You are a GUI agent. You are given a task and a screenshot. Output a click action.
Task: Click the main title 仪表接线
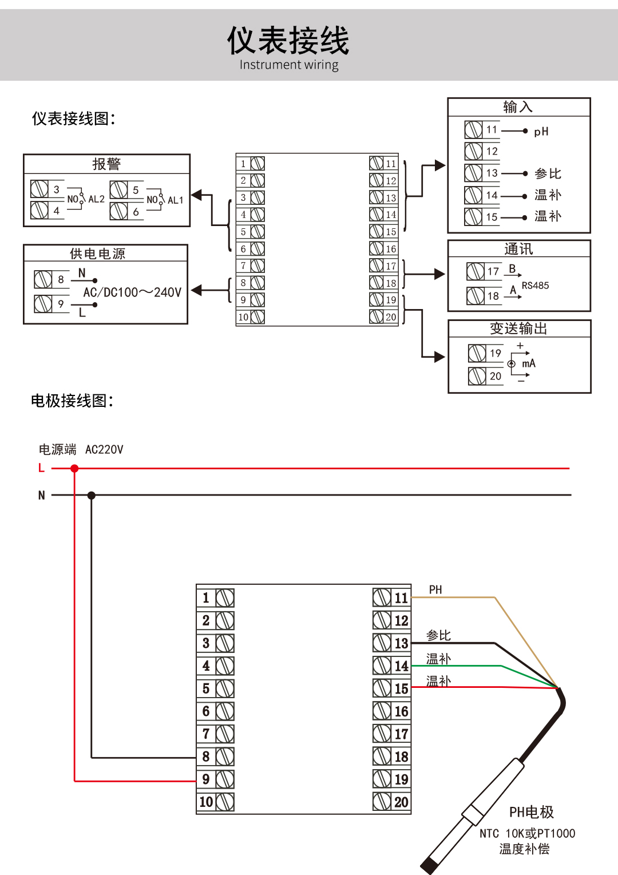click(288, 41)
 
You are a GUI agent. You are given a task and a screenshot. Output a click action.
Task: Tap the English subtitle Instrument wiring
click(289, 65)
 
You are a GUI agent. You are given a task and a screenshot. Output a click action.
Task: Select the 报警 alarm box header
click(106, 164)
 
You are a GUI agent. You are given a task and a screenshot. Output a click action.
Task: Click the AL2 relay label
click(96, 200)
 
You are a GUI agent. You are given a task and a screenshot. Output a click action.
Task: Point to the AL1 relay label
click(175, 200)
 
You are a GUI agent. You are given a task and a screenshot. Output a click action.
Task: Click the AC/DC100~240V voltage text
click(132, 292)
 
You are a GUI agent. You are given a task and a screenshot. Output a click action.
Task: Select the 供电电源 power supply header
click(97, 254)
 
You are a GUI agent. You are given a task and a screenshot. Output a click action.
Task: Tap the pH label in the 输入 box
click(541, 132)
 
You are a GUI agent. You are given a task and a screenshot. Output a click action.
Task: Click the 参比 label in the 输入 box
click(548, 173)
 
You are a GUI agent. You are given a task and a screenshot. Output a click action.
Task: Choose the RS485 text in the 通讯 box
click(535, 286)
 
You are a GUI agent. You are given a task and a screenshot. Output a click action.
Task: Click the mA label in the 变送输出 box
click(529, 363)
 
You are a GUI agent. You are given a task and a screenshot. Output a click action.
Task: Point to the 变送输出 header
click(518, 328)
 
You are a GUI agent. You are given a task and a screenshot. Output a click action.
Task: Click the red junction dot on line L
click(74, 469)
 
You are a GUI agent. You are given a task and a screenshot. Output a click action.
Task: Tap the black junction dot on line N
click(92, 496)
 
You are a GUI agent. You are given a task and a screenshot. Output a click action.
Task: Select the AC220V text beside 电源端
click(104, 450)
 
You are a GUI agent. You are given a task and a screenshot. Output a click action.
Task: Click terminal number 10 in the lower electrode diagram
click(206, 802)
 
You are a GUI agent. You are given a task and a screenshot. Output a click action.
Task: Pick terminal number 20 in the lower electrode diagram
click(401, 802)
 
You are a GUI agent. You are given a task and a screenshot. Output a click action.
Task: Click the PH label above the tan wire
click(435, 590)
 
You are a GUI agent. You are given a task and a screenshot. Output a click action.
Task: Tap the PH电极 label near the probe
click(531, 812)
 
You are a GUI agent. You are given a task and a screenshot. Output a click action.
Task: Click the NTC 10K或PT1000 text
click(527, 834)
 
